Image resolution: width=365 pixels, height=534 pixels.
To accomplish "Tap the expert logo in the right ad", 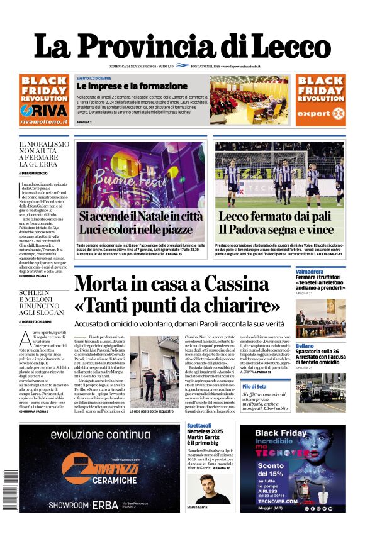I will point(320,113).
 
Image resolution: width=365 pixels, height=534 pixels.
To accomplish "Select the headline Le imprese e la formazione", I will point(123,86).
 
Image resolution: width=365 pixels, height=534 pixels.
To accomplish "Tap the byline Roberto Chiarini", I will point(43,321).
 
